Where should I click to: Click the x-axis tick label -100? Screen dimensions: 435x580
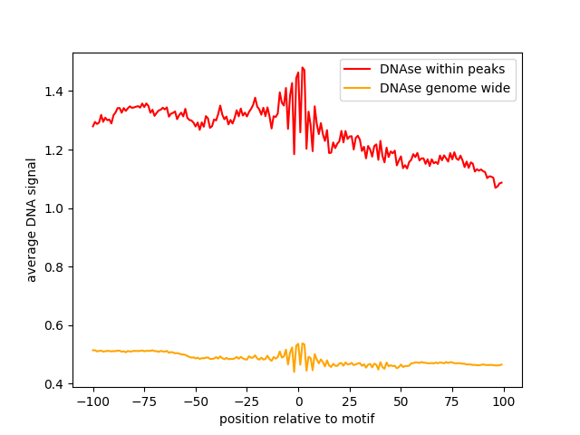pyautogui.click(x=92, y=401)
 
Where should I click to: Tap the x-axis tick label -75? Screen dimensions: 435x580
pyautogui.click(x=144, y=401)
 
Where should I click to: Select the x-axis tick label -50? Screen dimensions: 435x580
pyautogui.click(x=196, y=401)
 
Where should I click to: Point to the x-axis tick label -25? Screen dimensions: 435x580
pyautogui.click(x=247, y=401)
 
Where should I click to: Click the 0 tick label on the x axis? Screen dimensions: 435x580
pyautogui.click(x=298, y=401)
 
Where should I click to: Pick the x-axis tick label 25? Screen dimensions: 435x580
pyautogui.click(x=350, y=401)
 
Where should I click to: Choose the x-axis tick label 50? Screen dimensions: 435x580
pyautogui.click(x=401, y=401)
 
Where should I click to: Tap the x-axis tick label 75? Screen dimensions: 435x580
pyautogui.click(x=453, y=401)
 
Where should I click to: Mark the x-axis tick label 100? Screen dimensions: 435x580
pyautogui.click(x=504, y=401)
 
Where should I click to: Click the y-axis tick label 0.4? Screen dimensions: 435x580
pyautogui.click(x=56, y=384)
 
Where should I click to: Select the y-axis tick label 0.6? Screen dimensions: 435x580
pyautogui.click(x=56, y=325)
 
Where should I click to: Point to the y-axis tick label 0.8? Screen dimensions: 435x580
pyautogui.click(x=56, y=267)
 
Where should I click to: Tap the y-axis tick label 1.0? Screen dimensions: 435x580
pyautogui.click(x=56, y=208)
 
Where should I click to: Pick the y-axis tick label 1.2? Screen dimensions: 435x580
pyautogui.click(x=56, y=150)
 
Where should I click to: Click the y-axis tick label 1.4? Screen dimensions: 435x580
pyautogui.click(x=56, y=92)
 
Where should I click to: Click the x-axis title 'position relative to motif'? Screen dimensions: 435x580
pyautogui.click(x=297, y=419)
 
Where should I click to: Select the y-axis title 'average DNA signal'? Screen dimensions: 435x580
pyautogui.click(x=32, y=220)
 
